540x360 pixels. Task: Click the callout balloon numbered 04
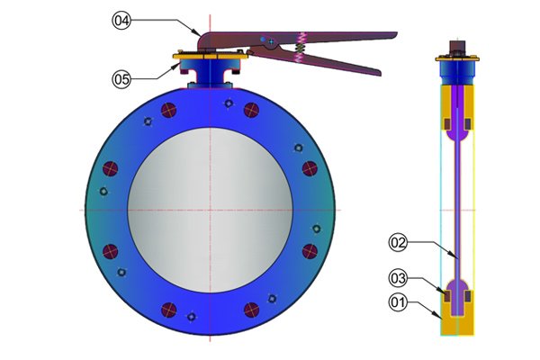(x=121, y=21)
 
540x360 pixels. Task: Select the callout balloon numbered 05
(x=121, y=79)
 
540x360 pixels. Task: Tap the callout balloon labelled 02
(x=398, y=242)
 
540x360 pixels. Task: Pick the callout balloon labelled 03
(x=398, y=278)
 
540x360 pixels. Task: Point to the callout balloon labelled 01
(x=398, y=302)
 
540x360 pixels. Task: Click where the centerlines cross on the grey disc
(x=210, y=210)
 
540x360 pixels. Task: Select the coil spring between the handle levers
(x=301, y=47)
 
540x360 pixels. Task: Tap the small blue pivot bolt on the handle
(x=264, y=40)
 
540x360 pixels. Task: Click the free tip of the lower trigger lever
(x=380, y=73)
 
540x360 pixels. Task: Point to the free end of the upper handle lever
(x=396, y=34)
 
